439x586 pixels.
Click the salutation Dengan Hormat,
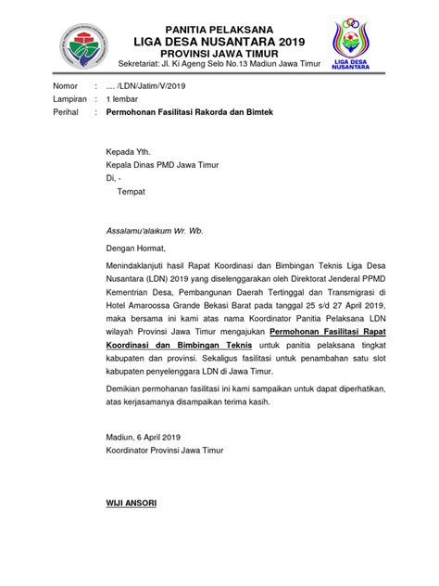(133, 250)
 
